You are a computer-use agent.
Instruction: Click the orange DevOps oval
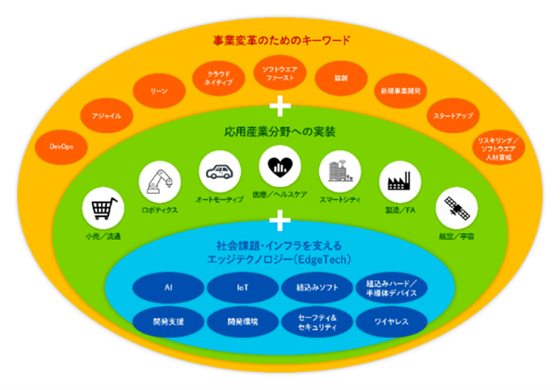(61, 146)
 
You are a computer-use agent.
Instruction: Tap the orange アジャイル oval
(102, 116)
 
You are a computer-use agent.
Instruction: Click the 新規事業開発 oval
(399, 91)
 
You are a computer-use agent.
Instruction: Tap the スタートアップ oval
(452, 116)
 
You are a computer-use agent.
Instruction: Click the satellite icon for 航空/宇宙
(456, 209)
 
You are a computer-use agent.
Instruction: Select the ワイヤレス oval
(391, 322)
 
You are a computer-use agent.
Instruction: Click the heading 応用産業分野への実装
(280, 132)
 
